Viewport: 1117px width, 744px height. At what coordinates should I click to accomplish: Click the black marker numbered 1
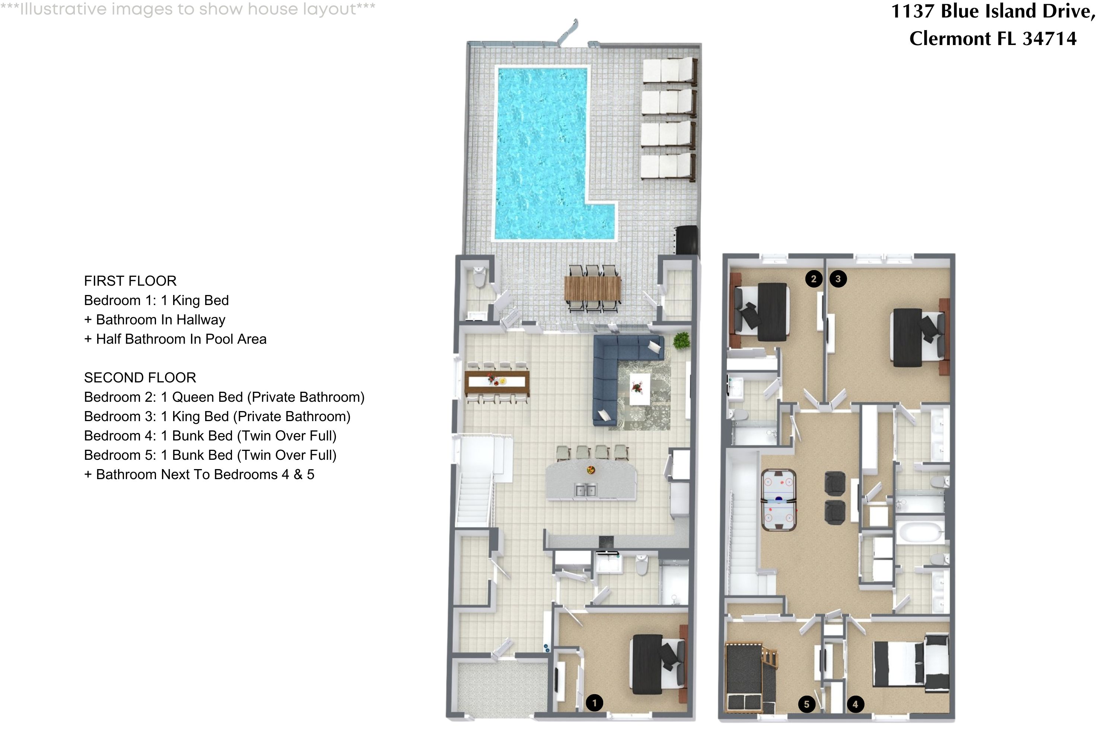click(594, 703)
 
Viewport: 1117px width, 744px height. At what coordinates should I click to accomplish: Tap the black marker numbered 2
click(814, 279)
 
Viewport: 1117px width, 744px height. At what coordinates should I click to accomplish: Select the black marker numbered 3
click(838, 279)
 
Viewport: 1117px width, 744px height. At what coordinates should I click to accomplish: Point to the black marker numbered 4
click(855, 704)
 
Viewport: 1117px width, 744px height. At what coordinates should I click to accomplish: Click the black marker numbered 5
click(806, 704)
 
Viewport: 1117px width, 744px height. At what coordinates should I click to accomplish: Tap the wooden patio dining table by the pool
click(592, 289)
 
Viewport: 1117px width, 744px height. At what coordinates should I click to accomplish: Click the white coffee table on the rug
click(640, 389)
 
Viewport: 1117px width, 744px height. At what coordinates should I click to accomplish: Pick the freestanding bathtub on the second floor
click(920, 533)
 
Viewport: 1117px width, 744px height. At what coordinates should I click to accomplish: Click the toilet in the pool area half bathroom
click(479, 277)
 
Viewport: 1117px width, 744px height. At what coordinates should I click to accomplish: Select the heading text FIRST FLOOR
click(130, 281)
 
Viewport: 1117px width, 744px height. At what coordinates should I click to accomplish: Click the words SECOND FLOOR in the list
click(140, 378)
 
